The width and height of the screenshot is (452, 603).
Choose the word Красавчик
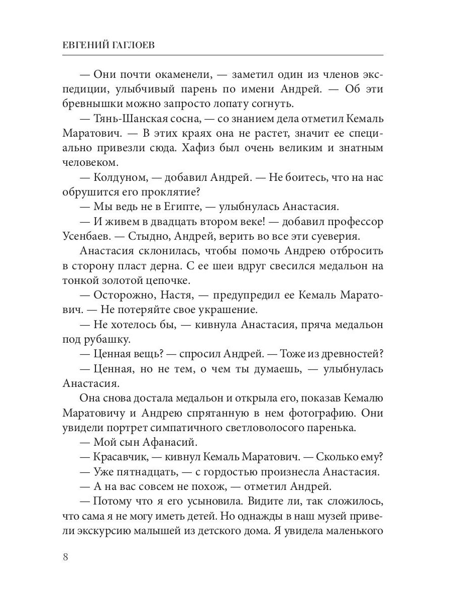click(120, 458)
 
